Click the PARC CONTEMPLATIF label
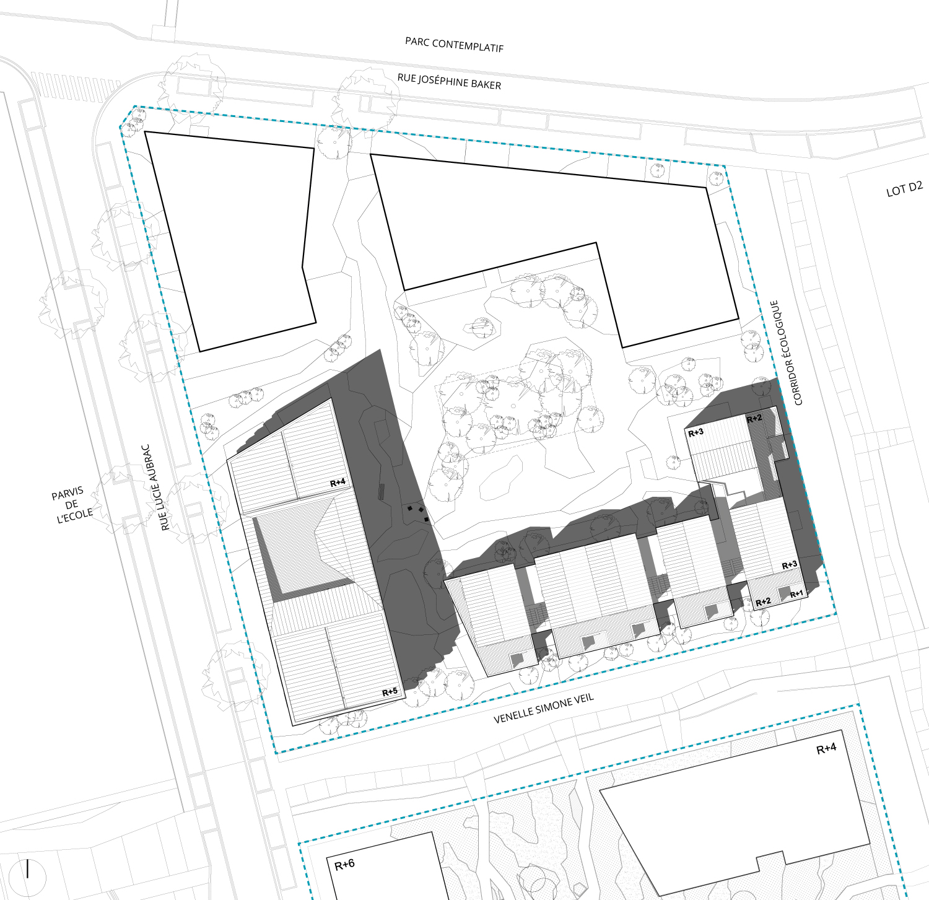point(454,44)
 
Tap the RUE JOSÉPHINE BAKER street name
point(449,81)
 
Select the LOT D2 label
point(904,189)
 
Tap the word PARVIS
point(67,494)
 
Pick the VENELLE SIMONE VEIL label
point(544,708)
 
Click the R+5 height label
point(390,692)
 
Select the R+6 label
point(344,865)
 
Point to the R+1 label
point(796,595)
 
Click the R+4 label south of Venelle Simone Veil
point(826,749)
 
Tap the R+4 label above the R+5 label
point(338,483)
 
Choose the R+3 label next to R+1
point(790,565)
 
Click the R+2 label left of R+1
point(763,602)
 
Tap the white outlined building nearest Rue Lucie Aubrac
point(230,242)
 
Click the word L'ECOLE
point(75,515)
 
